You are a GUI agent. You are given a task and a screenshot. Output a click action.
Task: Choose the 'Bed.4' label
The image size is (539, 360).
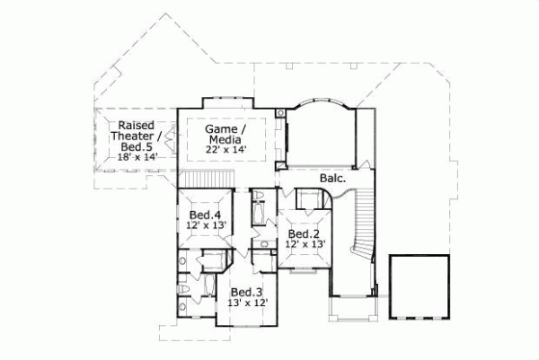206,215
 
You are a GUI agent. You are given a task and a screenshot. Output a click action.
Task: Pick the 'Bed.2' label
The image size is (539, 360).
305,233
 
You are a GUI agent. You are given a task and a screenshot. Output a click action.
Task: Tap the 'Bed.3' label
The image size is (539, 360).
246,293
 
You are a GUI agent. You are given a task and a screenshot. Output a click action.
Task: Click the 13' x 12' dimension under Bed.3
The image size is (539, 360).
246,304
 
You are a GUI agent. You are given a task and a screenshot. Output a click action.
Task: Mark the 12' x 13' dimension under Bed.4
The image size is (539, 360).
207,226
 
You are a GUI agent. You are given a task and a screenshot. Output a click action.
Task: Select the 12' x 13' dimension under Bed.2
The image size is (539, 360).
305,243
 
